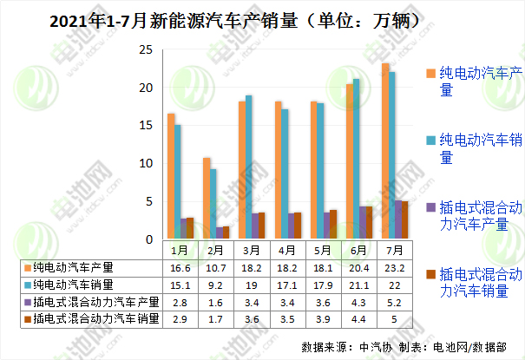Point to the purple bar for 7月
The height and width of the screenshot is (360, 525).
tap(398, 219)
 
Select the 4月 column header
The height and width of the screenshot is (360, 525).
tap(286, 250)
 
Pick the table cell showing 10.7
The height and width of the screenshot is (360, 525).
tap(213, 267)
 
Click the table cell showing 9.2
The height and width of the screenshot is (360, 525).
tap(213, 285)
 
